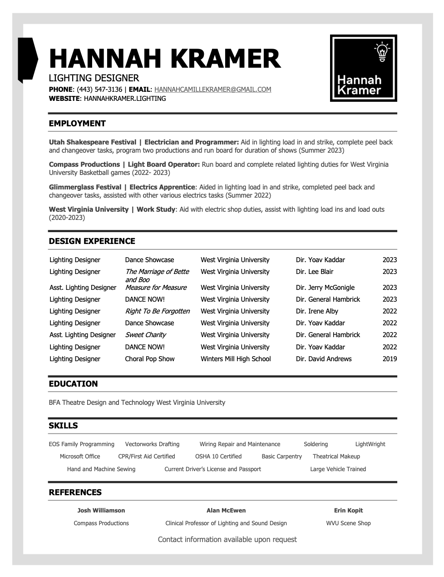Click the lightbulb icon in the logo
point(382,51)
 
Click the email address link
point(212,90)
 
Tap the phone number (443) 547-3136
point(99,90)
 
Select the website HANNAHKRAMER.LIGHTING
point(125,99)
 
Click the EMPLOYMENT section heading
point(77,124)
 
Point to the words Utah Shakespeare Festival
point(93,142)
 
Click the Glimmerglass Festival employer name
point(85,187)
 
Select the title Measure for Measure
point(156,288)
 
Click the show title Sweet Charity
point(145,335)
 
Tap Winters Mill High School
point(236,359)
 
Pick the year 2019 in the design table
point(390,359)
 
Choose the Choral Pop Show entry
point(150,359)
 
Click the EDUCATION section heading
point(73,384)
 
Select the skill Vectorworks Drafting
point(152,444)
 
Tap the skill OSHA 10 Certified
point(218,457)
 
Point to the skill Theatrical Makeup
point(336,457)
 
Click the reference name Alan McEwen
point(226,511)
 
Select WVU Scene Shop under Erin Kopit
point(348,523)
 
